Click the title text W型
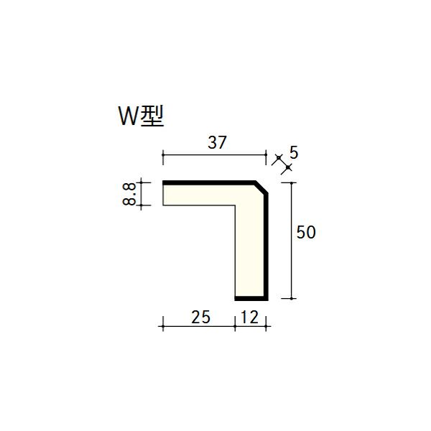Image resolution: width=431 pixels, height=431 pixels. (142, 116)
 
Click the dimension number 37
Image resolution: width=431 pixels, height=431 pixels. (217, 142)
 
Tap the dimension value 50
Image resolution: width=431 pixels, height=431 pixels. (306, 232)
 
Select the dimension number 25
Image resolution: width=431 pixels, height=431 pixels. (200, 317)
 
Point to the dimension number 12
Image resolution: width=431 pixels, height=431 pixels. (250, 317)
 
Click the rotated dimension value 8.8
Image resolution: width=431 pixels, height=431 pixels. (129, 195)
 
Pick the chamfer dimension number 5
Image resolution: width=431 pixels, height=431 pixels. (294, 152)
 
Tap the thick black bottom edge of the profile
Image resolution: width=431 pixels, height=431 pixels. (251, 299)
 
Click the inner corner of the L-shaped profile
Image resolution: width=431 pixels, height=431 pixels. (235, 205)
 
